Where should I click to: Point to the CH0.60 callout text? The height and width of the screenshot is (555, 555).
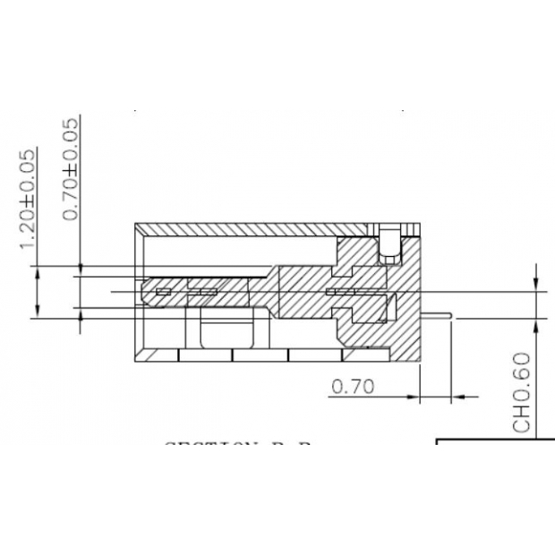[523, 392]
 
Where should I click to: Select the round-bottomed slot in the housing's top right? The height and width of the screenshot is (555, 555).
[390, 246]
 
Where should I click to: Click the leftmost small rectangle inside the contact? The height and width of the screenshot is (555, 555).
[164, 292]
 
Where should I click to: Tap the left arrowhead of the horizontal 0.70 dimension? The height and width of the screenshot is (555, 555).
[414, 395]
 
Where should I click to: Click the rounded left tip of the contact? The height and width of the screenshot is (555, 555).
[145, 292]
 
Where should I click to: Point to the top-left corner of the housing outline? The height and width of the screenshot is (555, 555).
[135, 223]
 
